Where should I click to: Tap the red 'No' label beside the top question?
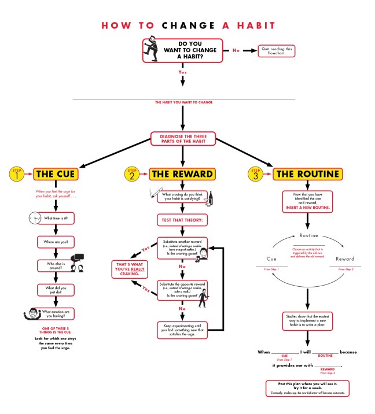point(236,51)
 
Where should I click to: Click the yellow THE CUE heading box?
point(56,173)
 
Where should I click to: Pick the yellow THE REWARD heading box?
point(182,173)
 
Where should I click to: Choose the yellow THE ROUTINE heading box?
point(307,173)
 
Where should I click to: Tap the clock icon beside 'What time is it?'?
point(35,219)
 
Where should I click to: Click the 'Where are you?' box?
point(56,241)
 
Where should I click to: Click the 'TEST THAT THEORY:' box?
point(182,220)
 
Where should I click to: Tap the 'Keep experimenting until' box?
point(182,330)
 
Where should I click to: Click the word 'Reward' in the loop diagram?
point(345,259)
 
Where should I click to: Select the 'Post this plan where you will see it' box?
point(307,388)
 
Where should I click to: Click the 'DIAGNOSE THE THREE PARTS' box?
point(183,138)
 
